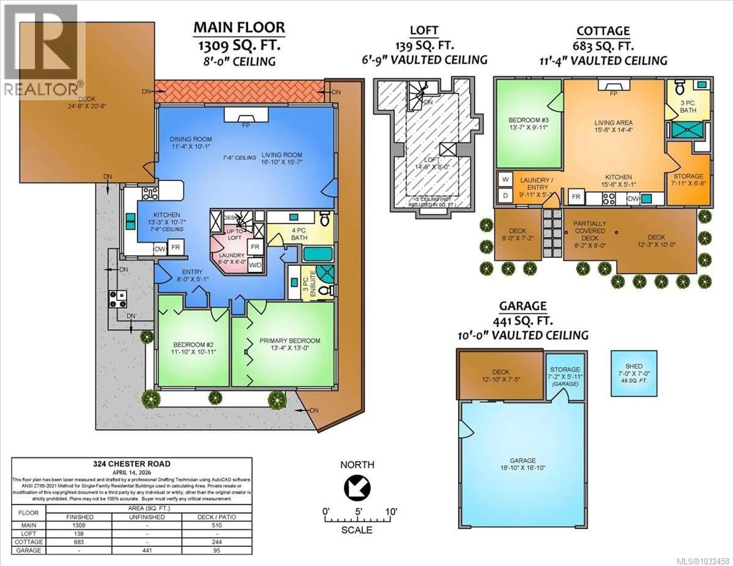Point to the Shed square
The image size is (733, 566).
tap(634, 373)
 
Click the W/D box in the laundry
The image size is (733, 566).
tap(255, 265)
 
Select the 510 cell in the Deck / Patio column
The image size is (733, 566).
tap(217, 525)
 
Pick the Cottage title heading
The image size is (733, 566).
tap(603, 31)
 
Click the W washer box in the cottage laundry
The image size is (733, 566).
tap(505, 180)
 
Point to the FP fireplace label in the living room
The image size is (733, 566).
tap(246, 126)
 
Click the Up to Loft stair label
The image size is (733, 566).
tap(235, 235)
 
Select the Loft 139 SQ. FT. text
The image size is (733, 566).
tap(424, 45)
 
